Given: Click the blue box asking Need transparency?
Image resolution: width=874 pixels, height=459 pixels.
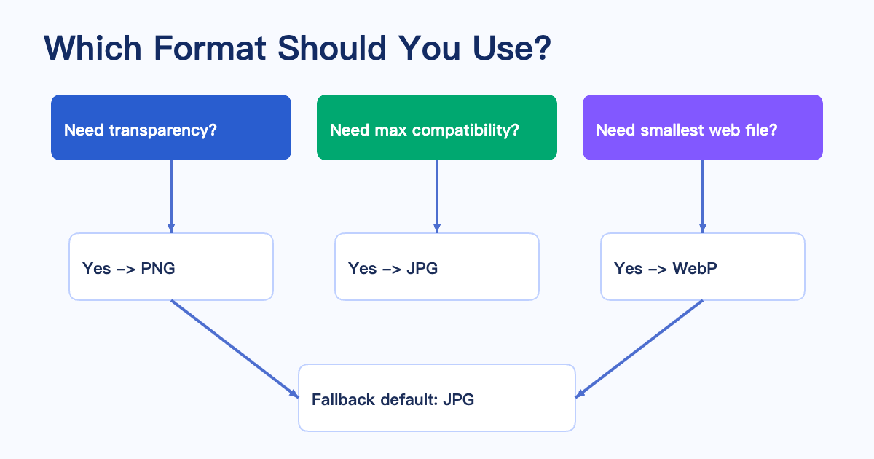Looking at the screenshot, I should coord(171,127).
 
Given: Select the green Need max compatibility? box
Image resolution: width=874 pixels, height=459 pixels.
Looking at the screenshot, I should coord(437,127).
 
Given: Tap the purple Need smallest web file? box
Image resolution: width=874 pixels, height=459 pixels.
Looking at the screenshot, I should coord(703,127).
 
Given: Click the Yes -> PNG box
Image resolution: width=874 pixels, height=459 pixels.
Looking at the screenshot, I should coord(171,267).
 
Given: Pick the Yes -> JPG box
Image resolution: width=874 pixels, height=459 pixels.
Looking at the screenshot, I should coord(437,267).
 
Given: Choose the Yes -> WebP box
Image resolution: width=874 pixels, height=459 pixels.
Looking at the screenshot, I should coord(703,267).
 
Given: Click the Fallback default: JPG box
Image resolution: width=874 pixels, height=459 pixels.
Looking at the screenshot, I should coord(437,398).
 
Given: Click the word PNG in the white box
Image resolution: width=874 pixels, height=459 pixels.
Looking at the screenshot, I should coord(158,268).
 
